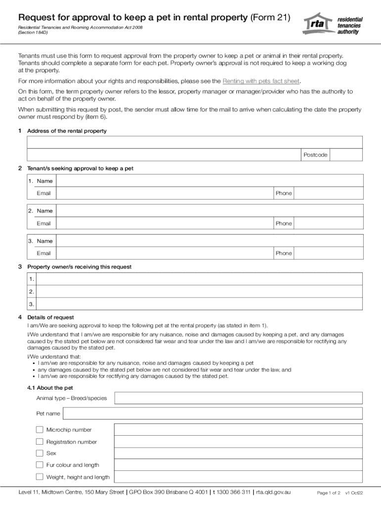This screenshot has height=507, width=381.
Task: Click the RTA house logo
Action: [x=318, y=24]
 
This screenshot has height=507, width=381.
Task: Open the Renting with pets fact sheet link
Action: [x=261, y=81]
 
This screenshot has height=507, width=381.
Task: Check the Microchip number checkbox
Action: [x=40, y=429]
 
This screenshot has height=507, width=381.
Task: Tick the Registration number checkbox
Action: [x=40, y=441]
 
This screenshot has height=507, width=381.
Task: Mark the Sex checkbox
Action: [x=40, y=453]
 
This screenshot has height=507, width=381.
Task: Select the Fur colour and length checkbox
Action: [x=40, y=464]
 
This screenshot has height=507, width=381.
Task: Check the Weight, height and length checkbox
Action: [x=40, y=477]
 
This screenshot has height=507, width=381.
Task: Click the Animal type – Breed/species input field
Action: [x=238, y=398]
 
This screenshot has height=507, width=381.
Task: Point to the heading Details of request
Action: [x=50, y=317]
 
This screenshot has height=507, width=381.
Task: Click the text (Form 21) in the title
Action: [x=270, y=18]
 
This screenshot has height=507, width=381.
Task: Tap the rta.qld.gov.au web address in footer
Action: [x=273, y=492]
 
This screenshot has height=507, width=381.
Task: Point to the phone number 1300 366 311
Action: [x=233, y=492]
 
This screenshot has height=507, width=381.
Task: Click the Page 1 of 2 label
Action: [x=329, y=493]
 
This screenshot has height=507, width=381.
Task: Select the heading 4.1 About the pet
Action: [x=50, y=388]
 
